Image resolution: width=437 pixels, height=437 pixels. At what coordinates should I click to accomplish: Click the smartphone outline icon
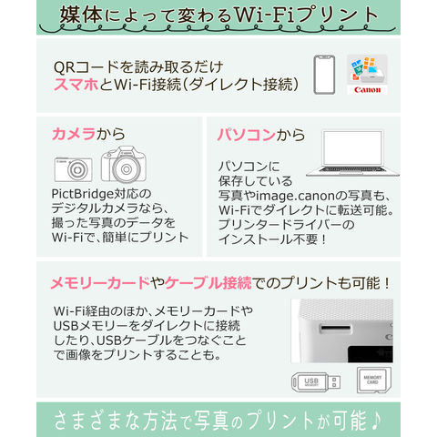point(324,75)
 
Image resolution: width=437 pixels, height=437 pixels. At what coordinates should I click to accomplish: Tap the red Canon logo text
point(367,90)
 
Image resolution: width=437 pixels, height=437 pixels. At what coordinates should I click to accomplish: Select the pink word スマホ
point(76,84)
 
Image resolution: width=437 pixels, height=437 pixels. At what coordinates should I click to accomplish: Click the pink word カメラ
point(74,134)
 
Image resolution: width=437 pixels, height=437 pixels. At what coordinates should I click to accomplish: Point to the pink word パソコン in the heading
point(246,135)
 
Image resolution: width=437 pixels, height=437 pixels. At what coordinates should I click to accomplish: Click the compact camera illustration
point(73,169)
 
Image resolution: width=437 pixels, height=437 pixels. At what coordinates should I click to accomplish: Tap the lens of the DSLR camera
point(127,169)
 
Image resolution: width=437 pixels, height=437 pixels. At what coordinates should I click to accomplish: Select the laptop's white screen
point(352,147)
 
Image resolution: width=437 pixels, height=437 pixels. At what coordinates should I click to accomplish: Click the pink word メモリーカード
point(100,283)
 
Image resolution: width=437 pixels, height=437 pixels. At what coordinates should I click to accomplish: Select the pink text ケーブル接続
point(208,283)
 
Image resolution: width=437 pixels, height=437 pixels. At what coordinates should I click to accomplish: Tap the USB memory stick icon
point(316,381)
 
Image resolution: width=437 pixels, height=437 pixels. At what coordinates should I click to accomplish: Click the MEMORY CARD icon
point(374,380)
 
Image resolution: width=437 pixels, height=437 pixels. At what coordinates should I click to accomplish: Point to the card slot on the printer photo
point(335,328)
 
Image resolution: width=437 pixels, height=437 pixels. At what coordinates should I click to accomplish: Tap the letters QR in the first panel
point(64,67)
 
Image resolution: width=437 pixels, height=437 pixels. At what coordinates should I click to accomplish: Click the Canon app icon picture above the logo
point(367,70)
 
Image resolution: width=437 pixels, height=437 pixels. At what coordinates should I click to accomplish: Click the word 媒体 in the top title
point(81,15)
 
